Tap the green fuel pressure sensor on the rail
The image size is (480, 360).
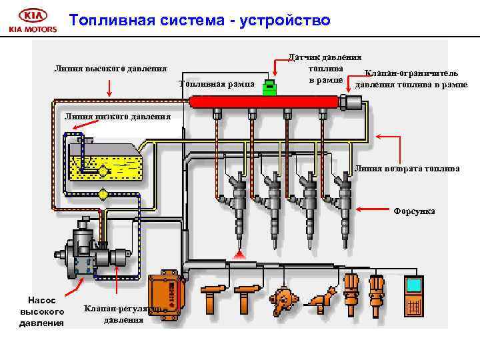tap(269, 87)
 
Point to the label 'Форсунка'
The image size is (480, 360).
tap(413, 211)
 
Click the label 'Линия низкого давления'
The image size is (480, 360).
tap(117, 117)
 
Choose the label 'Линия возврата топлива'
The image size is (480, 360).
tap(407, 169)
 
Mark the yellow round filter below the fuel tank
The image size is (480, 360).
tap(103, 194)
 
